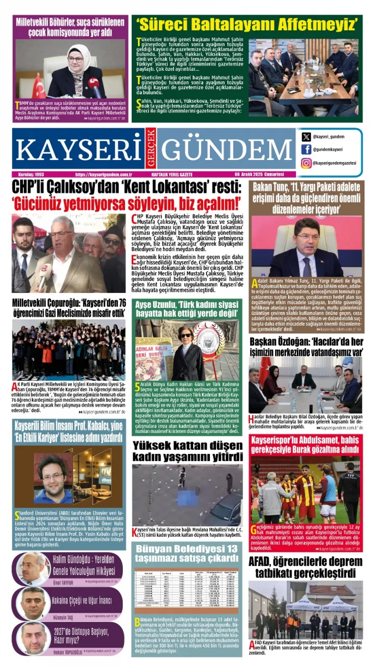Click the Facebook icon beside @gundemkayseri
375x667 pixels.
[306, 150]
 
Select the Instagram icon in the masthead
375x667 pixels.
[306, 163]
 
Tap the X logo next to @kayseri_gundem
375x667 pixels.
[306, 137]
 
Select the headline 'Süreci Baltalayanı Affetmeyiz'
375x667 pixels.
[247, 24]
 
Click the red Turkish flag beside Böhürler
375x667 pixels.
[39, 86]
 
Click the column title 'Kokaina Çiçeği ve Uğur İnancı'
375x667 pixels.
[88, 600]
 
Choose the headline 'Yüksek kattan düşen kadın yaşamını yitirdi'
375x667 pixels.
[187, 451]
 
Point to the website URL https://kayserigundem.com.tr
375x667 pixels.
[104, 174]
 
